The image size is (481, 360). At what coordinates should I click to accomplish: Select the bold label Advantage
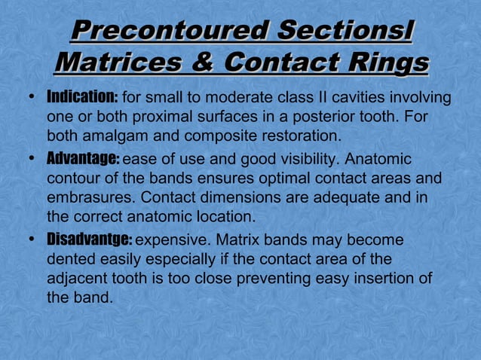(83, 160)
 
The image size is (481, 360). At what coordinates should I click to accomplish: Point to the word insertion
(384, 279)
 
